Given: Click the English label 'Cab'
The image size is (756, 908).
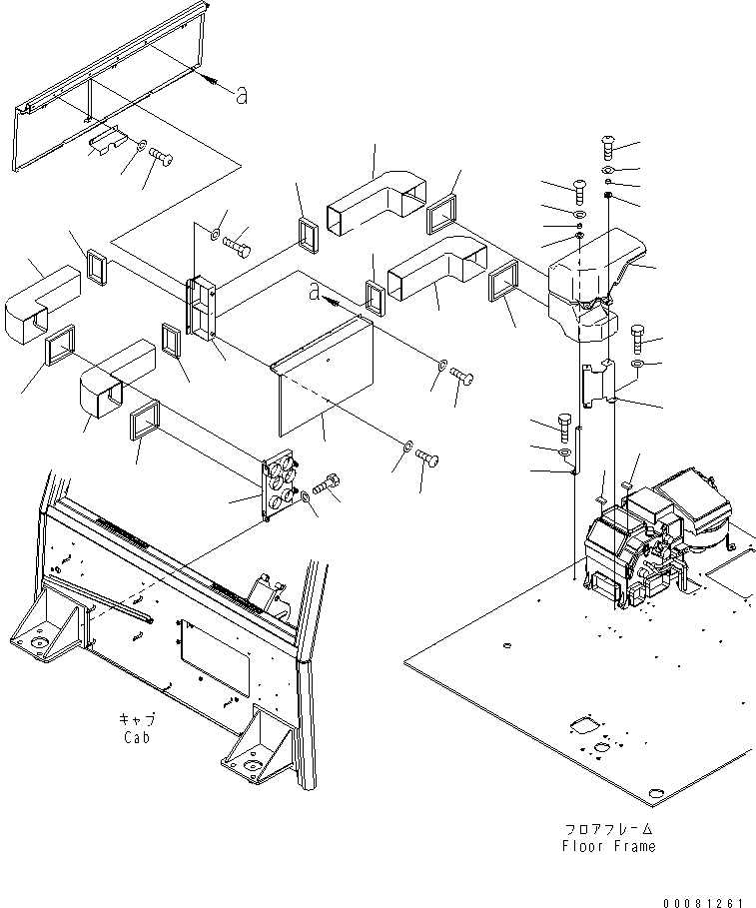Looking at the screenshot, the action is tap(137, 737).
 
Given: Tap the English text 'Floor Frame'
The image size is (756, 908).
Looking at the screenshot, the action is tap(608, 846).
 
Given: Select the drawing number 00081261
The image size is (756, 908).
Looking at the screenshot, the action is tap(703, 902).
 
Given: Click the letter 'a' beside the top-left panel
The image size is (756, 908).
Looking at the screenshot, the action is tap(242, 95).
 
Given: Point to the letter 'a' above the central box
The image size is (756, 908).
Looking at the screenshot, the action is tap(315, 293).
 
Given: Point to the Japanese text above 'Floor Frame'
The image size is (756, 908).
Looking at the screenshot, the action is tap(608, 829).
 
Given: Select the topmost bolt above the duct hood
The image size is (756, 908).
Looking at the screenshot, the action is tap(608, 147).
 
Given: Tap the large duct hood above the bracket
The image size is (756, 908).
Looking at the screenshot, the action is tap(596, 285).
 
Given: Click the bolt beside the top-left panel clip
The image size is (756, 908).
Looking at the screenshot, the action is tap(162, 157).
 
